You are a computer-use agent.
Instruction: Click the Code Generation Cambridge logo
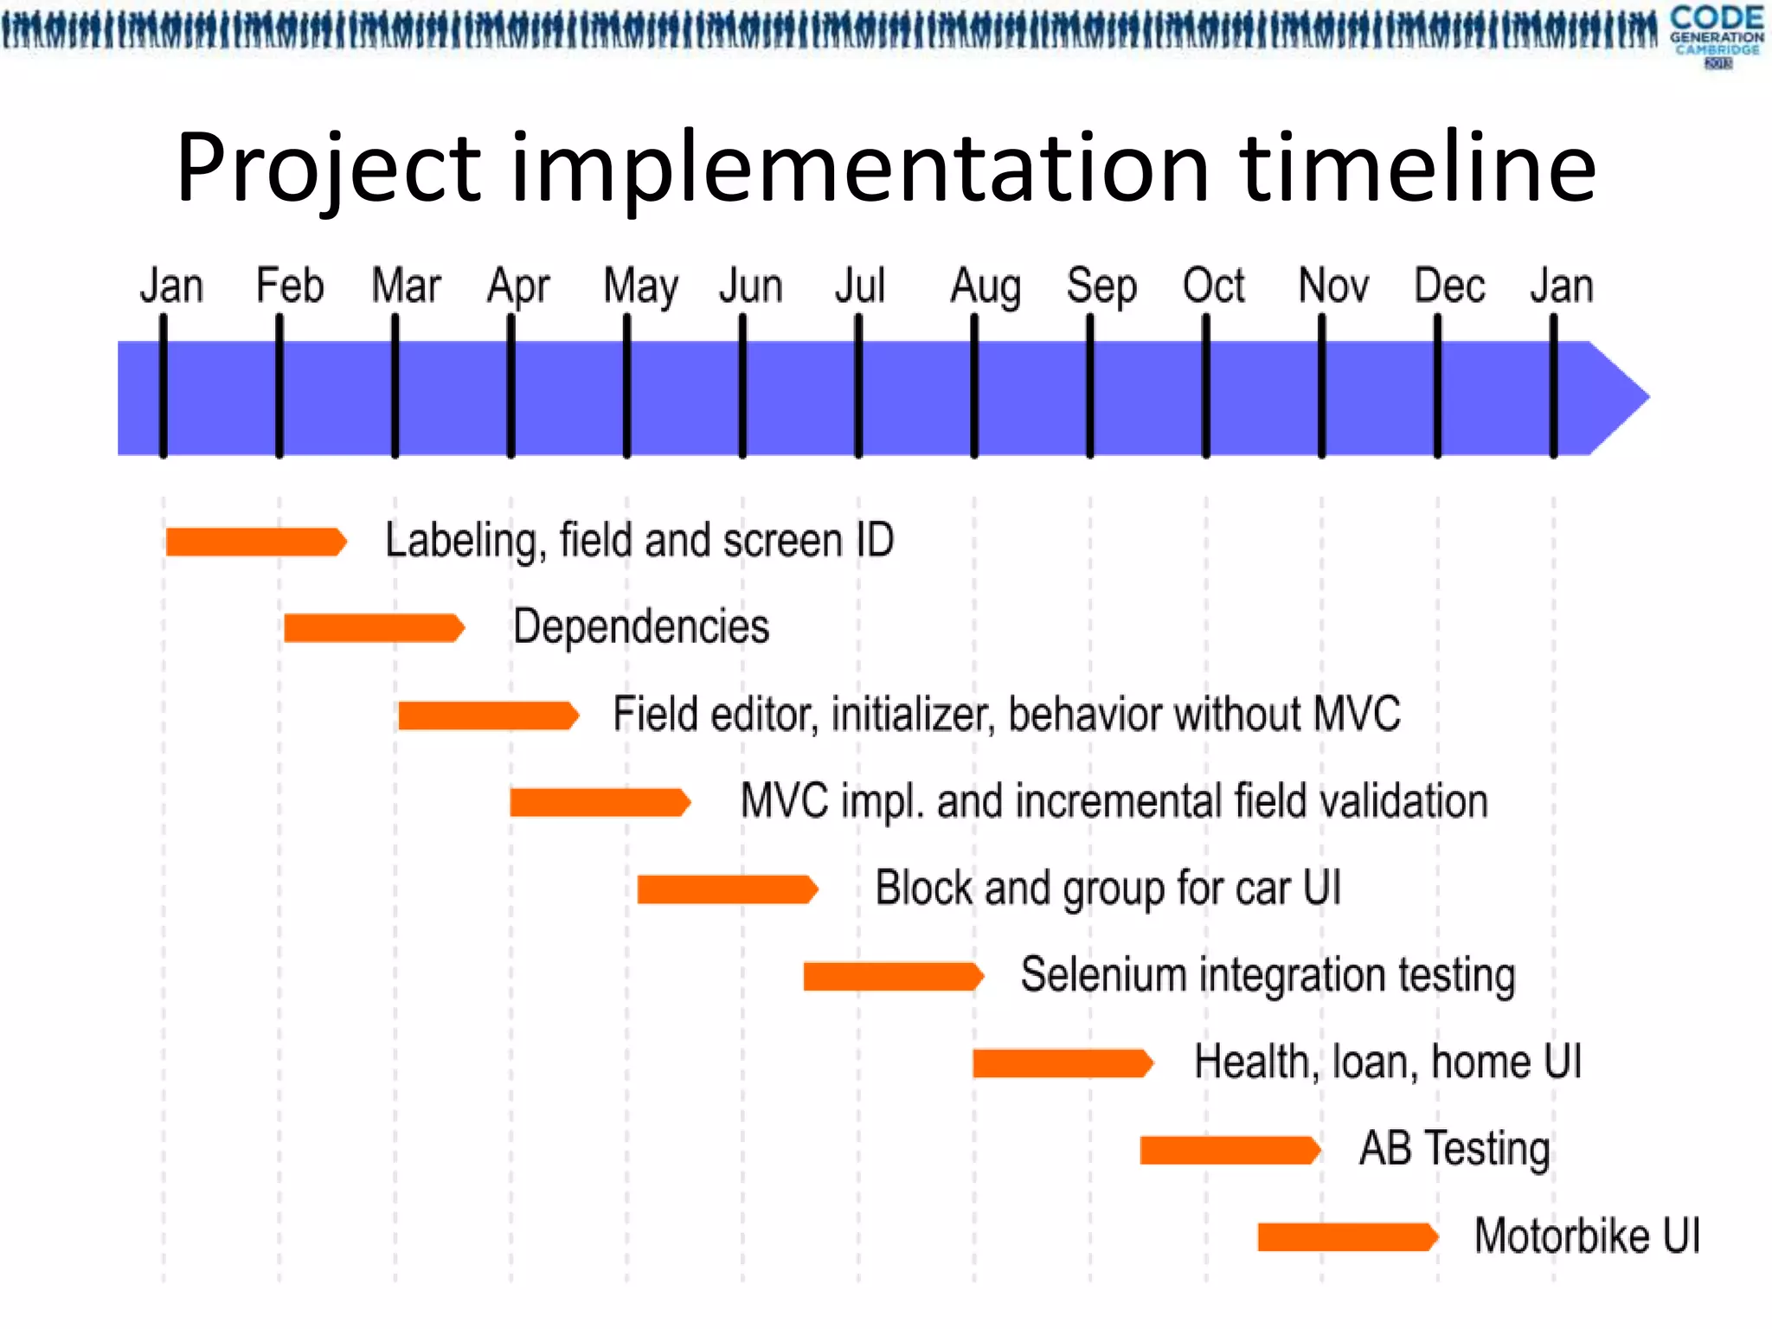(1717, 35)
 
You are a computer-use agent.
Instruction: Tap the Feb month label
(290, 286)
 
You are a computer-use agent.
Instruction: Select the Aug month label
(986, 286)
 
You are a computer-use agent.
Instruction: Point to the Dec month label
(1449, 286)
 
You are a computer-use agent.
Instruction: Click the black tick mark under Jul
(858, 386)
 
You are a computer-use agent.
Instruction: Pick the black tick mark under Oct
(1206, 386)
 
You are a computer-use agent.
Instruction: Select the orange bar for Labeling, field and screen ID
(255, 542)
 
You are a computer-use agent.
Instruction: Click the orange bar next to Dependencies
(373, 628)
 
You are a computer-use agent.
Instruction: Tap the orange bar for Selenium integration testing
(892, 976)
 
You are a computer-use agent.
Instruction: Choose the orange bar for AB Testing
(1229, 1150)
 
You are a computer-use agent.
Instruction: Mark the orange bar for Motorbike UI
(1346, 1236)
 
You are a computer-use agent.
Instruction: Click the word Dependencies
(641, 626)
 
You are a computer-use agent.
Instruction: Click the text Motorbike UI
(1587, 1236)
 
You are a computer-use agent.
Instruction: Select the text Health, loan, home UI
(1387, 1062)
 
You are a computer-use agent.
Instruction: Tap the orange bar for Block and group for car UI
(726, 889)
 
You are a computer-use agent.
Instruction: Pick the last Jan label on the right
(1561, 286)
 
